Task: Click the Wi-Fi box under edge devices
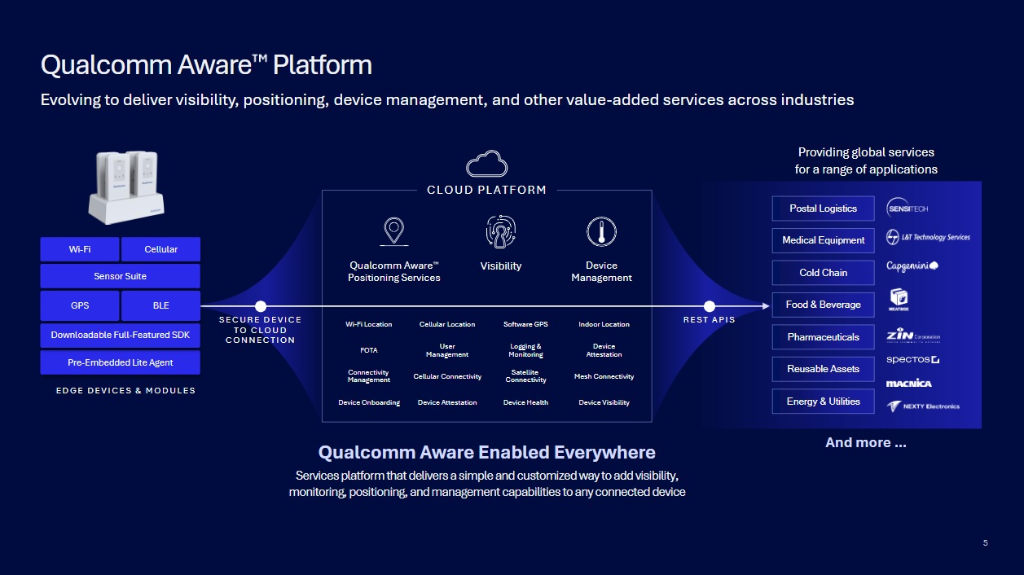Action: (x=80, y=249)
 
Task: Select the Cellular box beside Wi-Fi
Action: (x=160, y=249)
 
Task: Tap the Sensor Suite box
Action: (x=120, y=276)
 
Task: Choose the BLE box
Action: (x=160, y=305)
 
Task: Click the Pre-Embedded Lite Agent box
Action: (x=120, y=362)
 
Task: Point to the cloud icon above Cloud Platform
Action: (x=486, y=164)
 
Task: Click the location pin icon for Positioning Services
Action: (x=393, y=231)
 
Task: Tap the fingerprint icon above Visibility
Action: (x=500, y=232)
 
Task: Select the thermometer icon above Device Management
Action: (x=601, y=232)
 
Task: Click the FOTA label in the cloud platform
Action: (x=369, y=350)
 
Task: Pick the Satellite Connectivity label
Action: (x=525, y=376)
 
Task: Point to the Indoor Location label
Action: (x=604, y=324)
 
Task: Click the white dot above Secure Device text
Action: (x=261, y=306)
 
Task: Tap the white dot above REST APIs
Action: (x=709, y=306)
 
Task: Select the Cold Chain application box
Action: (x=823, y=273)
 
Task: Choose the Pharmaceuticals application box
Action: (x=823, y=337)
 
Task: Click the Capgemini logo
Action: (x=912, y=266)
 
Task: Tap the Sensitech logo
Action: (x=908, y=208)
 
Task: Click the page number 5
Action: (x=985, y=543)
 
